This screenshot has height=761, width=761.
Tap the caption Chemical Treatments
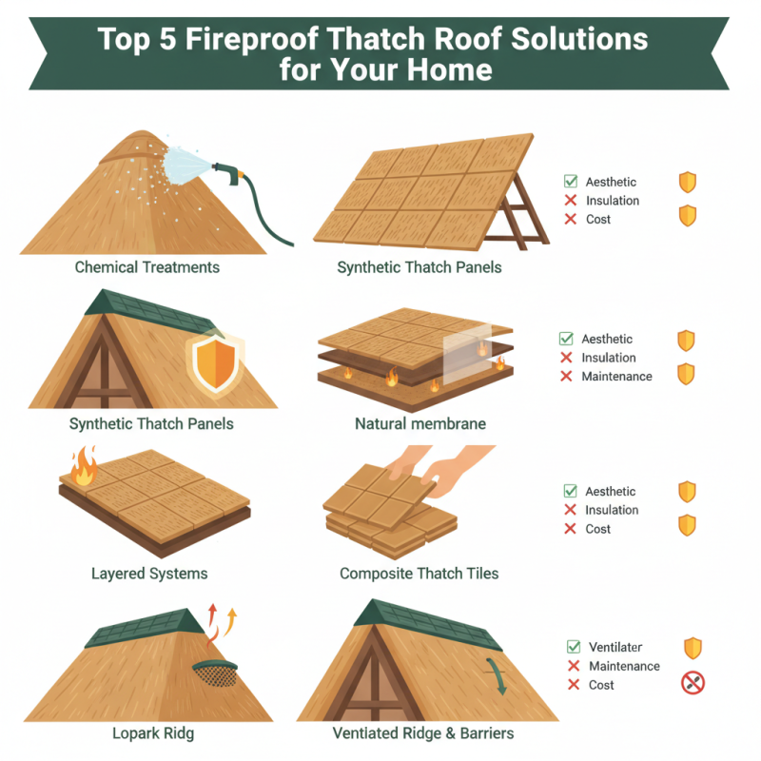147,267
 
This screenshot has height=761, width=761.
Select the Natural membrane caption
408,422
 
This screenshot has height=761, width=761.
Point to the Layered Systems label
149,574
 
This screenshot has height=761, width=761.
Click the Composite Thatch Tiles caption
420,574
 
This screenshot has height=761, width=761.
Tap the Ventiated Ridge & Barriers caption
423,733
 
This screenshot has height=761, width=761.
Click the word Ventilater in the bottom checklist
615,647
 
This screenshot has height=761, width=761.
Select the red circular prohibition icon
693,682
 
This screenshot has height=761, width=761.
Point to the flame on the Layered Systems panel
81,469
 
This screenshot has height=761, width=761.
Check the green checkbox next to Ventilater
574,647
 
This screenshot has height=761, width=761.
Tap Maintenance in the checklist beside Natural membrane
616,377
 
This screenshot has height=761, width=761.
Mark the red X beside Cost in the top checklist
571,220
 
